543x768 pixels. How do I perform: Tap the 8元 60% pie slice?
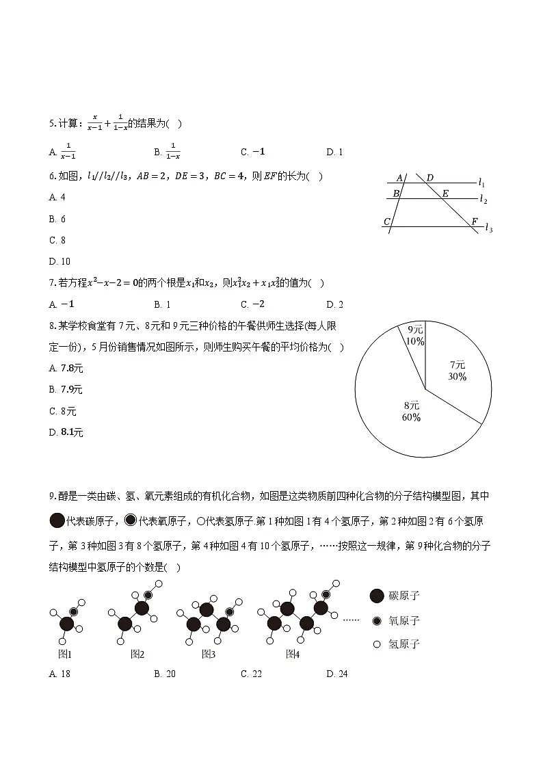410,410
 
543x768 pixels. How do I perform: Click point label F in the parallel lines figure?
474,222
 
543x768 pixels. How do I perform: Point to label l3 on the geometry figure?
488,228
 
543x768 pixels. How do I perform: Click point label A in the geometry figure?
399,178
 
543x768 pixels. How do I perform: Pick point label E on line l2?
445,194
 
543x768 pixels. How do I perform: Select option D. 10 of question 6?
60,261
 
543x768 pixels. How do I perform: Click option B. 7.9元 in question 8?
66,390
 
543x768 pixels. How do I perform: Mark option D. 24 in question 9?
337,674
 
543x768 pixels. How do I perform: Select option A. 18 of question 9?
60,674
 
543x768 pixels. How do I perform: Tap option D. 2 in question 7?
335,304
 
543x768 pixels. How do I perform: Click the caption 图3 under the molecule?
209,654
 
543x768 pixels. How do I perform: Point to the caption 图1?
65,654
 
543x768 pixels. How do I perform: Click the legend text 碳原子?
403,596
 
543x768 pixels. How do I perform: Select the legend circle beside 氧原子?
375,621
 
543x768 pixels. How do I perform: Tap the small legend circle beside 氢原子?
375,644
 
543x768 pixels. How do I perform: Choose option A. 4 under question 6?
57,197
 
